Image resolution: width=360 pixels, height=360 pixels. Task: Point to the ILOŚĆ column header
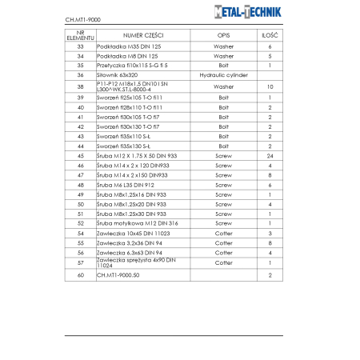pos(270,36)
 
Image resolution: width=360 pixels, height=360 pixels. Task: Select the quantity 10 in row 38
pos(270,86)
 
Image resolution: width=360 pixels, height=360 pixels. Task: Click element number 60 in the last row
pos(80,274)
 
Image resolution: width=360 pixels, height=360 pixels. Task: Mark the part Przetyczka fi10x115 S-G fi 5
pos(132,66)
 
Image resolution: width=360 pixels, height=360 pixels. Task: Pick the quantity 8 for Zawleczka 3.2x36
pos(270,242)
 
